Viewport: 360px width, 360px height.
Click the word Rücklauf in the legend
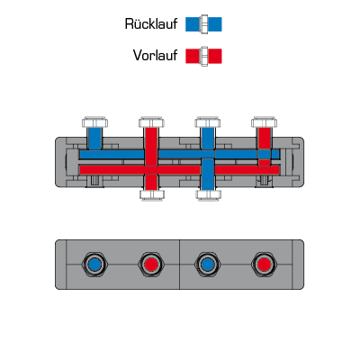tap(151, 24)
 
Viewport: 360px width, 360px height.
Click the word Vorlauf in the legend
tap(155, 56)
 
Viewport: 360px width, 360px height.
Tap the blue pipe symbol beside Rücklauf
tap(203, 24)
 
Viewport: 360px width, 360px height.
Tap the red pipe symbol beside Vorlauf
tap(203, 56)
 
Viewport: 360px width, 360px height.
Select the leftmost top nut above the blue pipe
tap(94, 122)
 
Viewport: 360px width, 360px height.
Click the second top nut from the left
tap(151, 122)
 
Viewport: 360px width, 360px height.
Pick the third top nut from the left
tap(208, 122)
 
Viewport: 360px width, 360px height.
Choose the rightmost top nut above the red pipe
tap(264, 122)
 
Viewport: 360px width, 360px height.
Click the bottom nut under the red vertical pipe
tap(152, 195)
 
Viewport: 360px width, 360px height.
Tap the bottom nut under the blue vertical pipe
tap(208, 195)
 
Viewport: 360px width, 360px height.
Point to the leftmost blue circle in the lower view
tap(94, 265)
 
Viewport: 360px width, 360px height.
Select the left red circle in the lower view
tap(151, 265)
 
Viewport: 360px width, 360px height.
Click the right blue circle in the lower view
tap(208, 265)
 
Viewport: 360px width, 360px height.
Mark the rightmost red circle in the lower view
tap(264, 265)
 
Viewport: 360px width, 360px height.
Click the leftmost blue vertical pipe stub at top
tap(94, 139)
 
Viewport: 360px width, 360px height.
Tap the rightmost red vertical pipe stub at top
tap(265, 139)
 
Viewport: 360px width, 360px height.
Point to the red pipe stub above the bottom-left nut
tap(151, 183)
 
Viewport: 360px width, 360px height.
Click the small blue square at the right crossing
tap(265, 154)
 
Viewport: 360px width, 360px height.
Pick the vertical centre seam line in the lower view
tap(180, 265)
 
